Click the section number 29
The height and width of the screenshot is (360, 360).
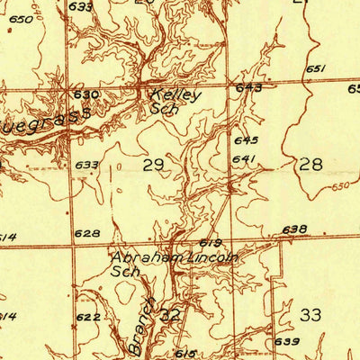[154, 164]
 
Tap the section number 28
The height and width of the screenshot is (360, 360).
[310, 164]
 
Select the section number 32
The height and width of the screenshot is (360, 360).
[170, 315]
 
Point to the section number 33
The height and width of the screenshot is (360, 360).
[310, 314]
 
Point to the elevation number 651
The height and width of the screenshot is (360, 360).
[315, 69]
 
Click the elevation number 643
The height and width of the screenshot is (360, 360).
[249, 88]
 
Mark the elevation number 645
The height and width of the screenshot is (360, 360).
[246, 140]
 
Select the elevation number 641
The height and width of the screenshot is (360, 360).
[243, 159]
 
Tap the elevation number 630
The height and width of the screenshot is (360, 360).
[86, 94]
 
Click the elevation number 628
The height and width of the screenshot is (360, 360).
[87, 233]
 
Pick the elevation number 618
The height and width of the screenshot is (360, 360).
[210, 243]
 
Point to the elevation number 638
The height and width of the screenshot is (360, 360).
[294, 229]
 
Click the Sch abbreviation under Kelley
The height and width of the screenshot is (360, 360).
[163, 108]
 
